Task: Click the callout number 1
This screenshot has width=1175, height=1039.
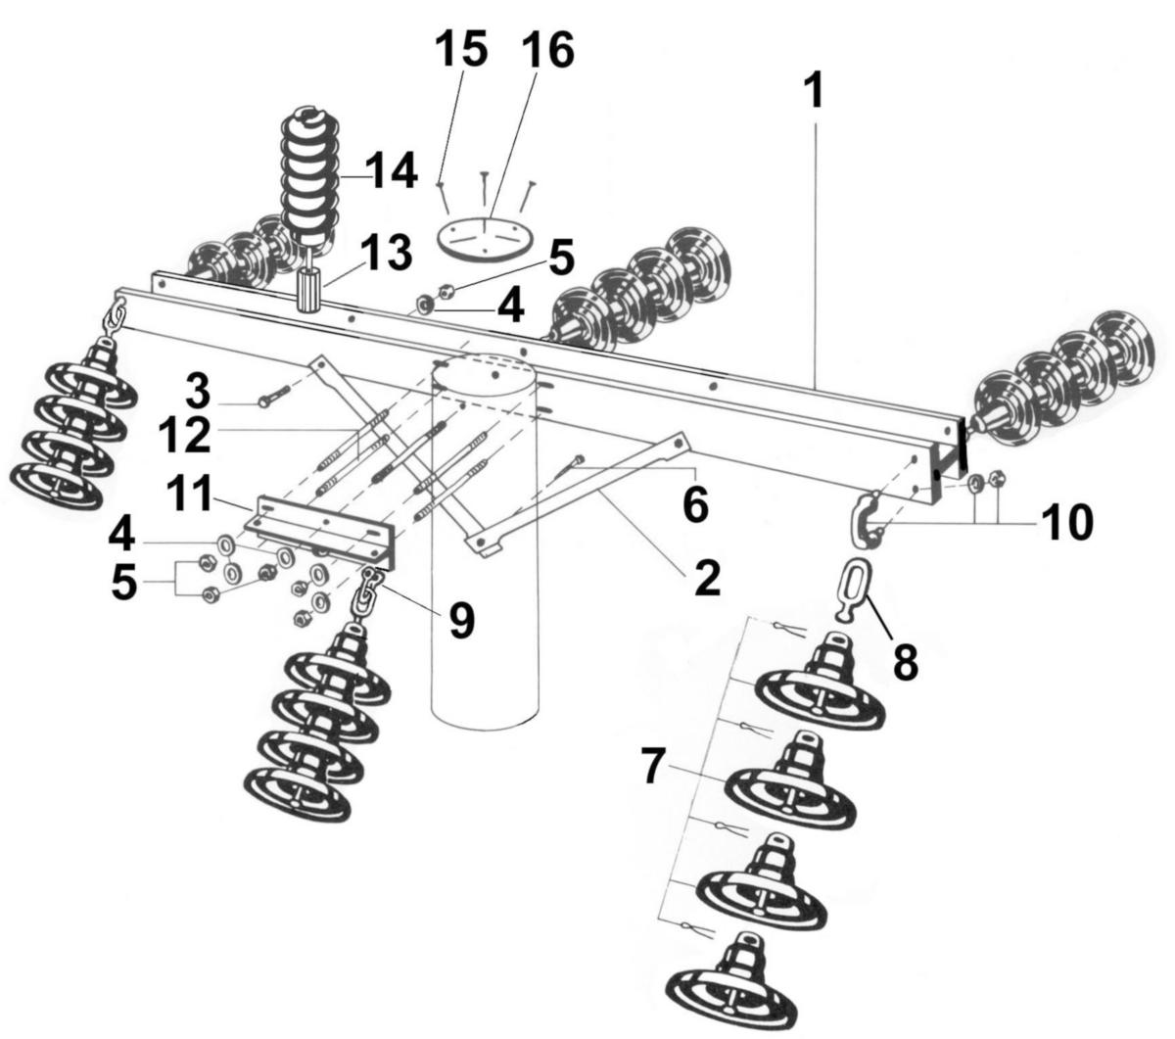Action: coord(813,90)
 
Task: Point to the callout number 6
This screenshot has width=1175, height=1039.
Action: coord(691,503)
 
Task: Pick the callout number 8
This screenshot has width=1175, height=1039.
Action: coord(906,660)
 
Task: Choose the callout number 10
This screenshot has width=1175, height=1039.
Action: coord(1067,522)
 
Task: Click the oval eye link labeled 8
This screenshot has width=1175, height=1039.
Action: coord(849,587)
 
